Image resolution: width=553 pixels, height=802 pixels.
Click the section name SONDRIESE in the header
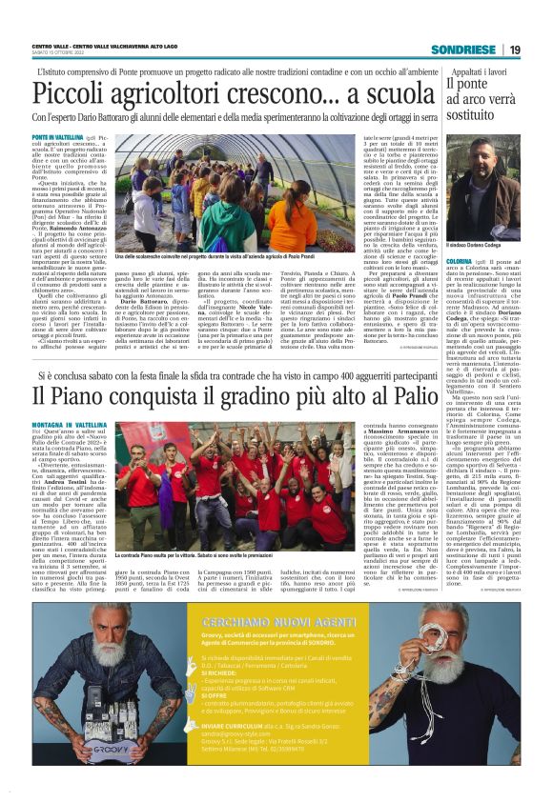pos(461,50)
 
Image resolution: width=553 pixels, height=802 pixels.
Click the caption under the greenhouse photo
pos(181,256)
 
